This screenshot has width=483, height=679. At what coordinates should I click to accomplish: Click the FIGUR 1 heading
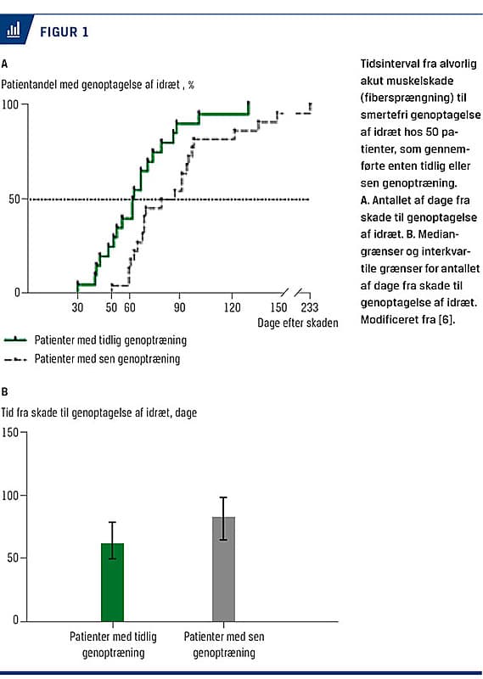(x=65, y=31)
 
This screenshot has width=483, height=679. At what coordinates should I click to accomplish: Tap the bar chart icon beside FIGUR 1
(x=14, y=30)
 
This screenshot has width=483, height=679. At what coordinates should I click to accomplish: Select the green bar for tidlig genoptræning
(x=112, y=582)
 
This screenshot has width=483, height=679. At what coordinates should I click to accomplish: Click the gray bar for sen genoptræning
(x=223, y=569)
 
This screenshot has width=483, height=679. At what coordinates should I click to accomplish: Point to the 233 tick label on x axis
(x=309, y=307)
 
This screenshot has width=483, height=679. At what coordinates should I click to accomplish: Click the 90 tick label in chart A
(x=179, y=307)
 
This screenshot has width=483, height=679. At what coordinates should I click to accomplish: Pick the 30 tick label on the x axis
(x=77, y=307)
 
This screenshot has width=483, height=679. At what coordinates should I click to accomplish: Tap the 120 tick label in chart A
(x=233, y=307)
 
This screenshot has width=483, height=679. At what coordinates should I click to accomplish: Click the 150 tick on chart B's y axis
(x=10, y=432)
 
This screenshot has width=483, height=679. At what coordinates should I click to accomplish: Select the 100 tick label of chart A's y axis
(x=10, y=104)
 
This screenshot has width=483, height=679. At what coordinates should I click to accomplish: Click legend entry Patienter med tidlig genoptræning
(x=110, y=340)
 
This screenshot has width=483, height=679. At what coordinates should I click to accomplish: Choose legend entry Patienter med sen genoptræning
(x=107, y=358)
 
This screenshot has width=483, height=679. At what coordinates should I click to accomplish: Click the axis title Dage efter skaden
(x=298, y=323)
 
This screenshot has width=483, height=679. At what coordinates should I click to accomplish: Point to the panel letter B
(x=4, y=392)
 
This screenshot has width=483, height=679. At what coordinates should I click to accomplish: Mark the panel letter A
(x=4, y=65)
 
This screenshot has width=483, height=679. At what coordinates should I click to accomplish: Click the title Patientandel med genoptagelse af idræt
(x=90, y=84)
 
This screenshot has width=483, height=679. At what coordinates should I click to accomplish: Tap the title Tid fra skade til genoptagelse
(x=98, y=412)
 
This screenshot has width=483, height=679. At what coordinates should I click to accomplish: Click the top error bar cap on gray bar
(x=223, y=497)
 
